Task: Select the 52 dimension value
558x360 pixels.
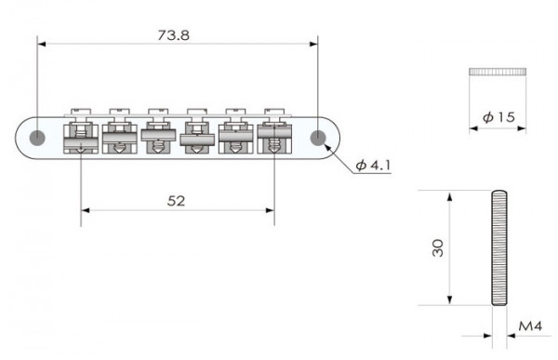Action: pyautogui.click(x=178, y=200)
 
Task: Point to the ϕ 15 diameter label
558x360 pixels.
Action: pyautogui.click(x=498, y=118)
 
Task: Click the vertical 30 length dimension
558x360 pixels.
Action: pyautogui.click(x=438, y=247)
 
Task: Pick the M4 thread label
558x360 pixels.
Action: pyautogui.click(x=529, y=327)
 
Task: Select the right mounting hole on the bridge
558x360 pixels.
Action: pyautogui.click(x=319, y=138)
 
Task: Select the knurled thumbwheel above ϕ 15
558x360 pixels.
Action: pyautogui.click(x=498, y=71)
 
